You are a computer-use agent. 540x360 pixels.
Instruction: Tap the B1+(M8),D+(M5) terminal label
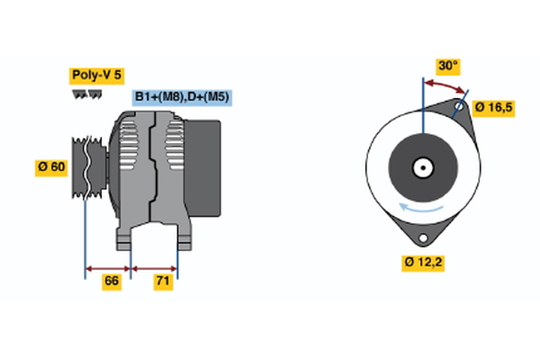click(183, 97)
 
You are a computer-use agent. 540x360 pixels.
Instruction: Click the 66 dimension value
click(112, 282)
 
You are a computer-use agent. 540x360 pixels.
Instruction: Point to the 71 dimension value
click(164, 282)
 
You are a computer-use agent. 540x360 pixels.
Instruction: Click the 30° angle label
click(447, 66)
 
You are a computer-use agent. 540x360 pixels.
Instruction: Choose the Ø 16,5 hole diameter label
click(492, 107)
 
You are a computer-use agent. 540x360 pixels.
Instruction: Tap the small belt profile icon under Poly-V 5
click(86, 94)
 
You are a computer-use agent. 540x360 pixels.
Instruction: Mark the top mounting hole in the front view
click(458, 108)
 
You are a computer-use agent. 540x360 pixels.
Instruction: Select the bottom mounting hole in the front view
click(421, 237)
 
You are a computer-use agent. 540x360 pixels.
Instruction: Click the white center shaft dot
click(421, 167)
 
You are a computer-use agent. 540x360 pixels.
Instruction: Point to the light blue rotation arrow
click(424, 209)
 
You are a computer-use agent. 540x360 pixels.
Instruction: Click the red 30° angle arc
click(445, 85)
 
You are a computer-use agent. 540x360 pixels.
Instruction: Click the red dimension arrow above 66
click(108, 267)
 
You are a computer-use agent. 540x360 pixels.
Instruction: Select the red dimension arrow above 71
click(155, 267)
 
